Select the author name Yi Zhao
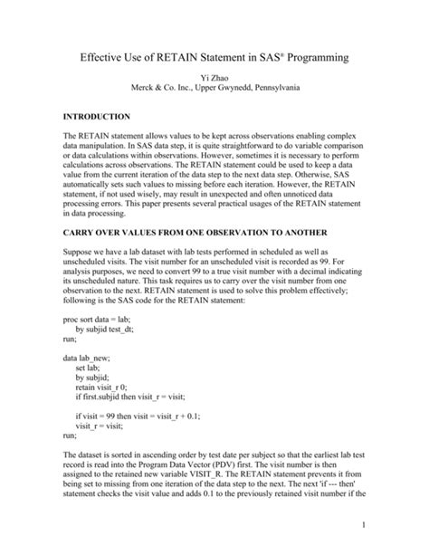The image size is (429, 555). [x=214, y=79]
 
